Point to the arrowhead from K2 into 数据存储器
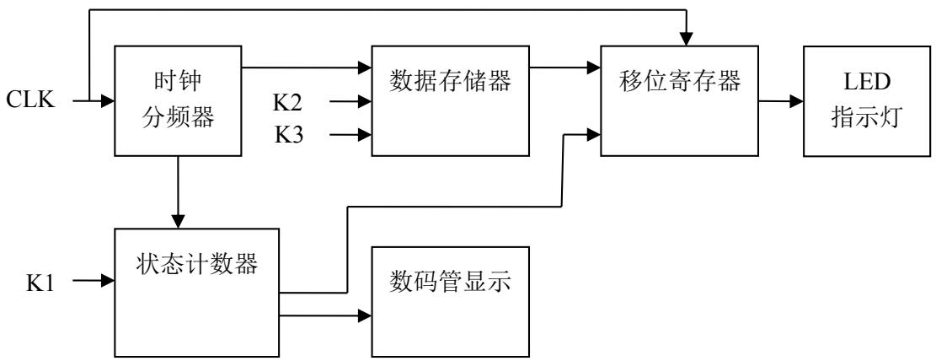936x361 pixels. pyautogui.click(x=366, y=102)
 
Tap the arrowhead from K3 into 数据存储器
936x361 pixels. pyautogui.click(x=366, y=133)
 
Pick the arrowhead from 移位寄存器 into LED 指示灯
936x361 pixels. pyautogui.click(x=796, y=101)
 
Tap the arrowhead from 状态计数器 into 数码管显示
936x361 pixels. pyautogui.click(x=366, y=315)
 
